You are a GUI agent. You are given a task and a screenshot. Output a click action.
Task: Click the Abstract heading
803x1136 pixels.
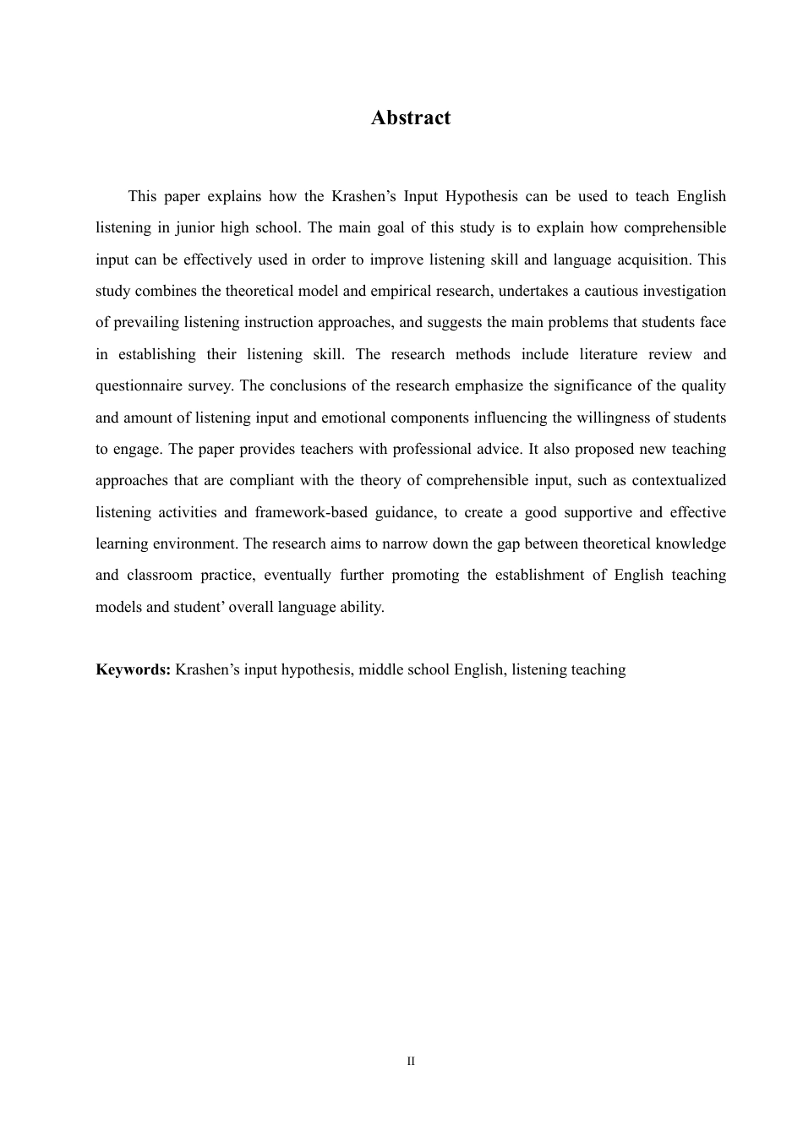[x=411, y=118]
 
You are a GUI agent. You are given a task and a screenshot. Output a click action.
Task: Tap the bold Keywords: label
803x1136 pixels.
[x=134, y=670]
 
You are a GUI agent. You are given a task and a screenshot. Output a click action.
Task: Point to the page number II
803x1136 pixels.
[x=411, y=1061]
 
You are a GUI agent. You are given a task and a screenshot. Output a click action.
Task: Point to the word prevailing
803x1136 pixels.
[x=145, y=323]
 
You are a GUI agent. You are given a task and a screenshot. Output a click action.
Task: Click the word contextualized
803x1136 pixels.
[x=679, y=481]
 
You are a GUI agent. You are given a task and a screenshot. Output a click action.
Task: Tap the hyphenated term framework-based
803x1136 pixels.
[x=311, y=513]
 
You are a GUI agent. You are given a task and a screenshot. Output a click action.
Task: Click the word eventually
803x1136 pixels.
[x=297, y=576]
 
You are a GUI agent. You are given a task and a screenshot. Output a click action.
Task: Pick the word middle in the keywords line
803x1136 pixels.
[x=381, y=670]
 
